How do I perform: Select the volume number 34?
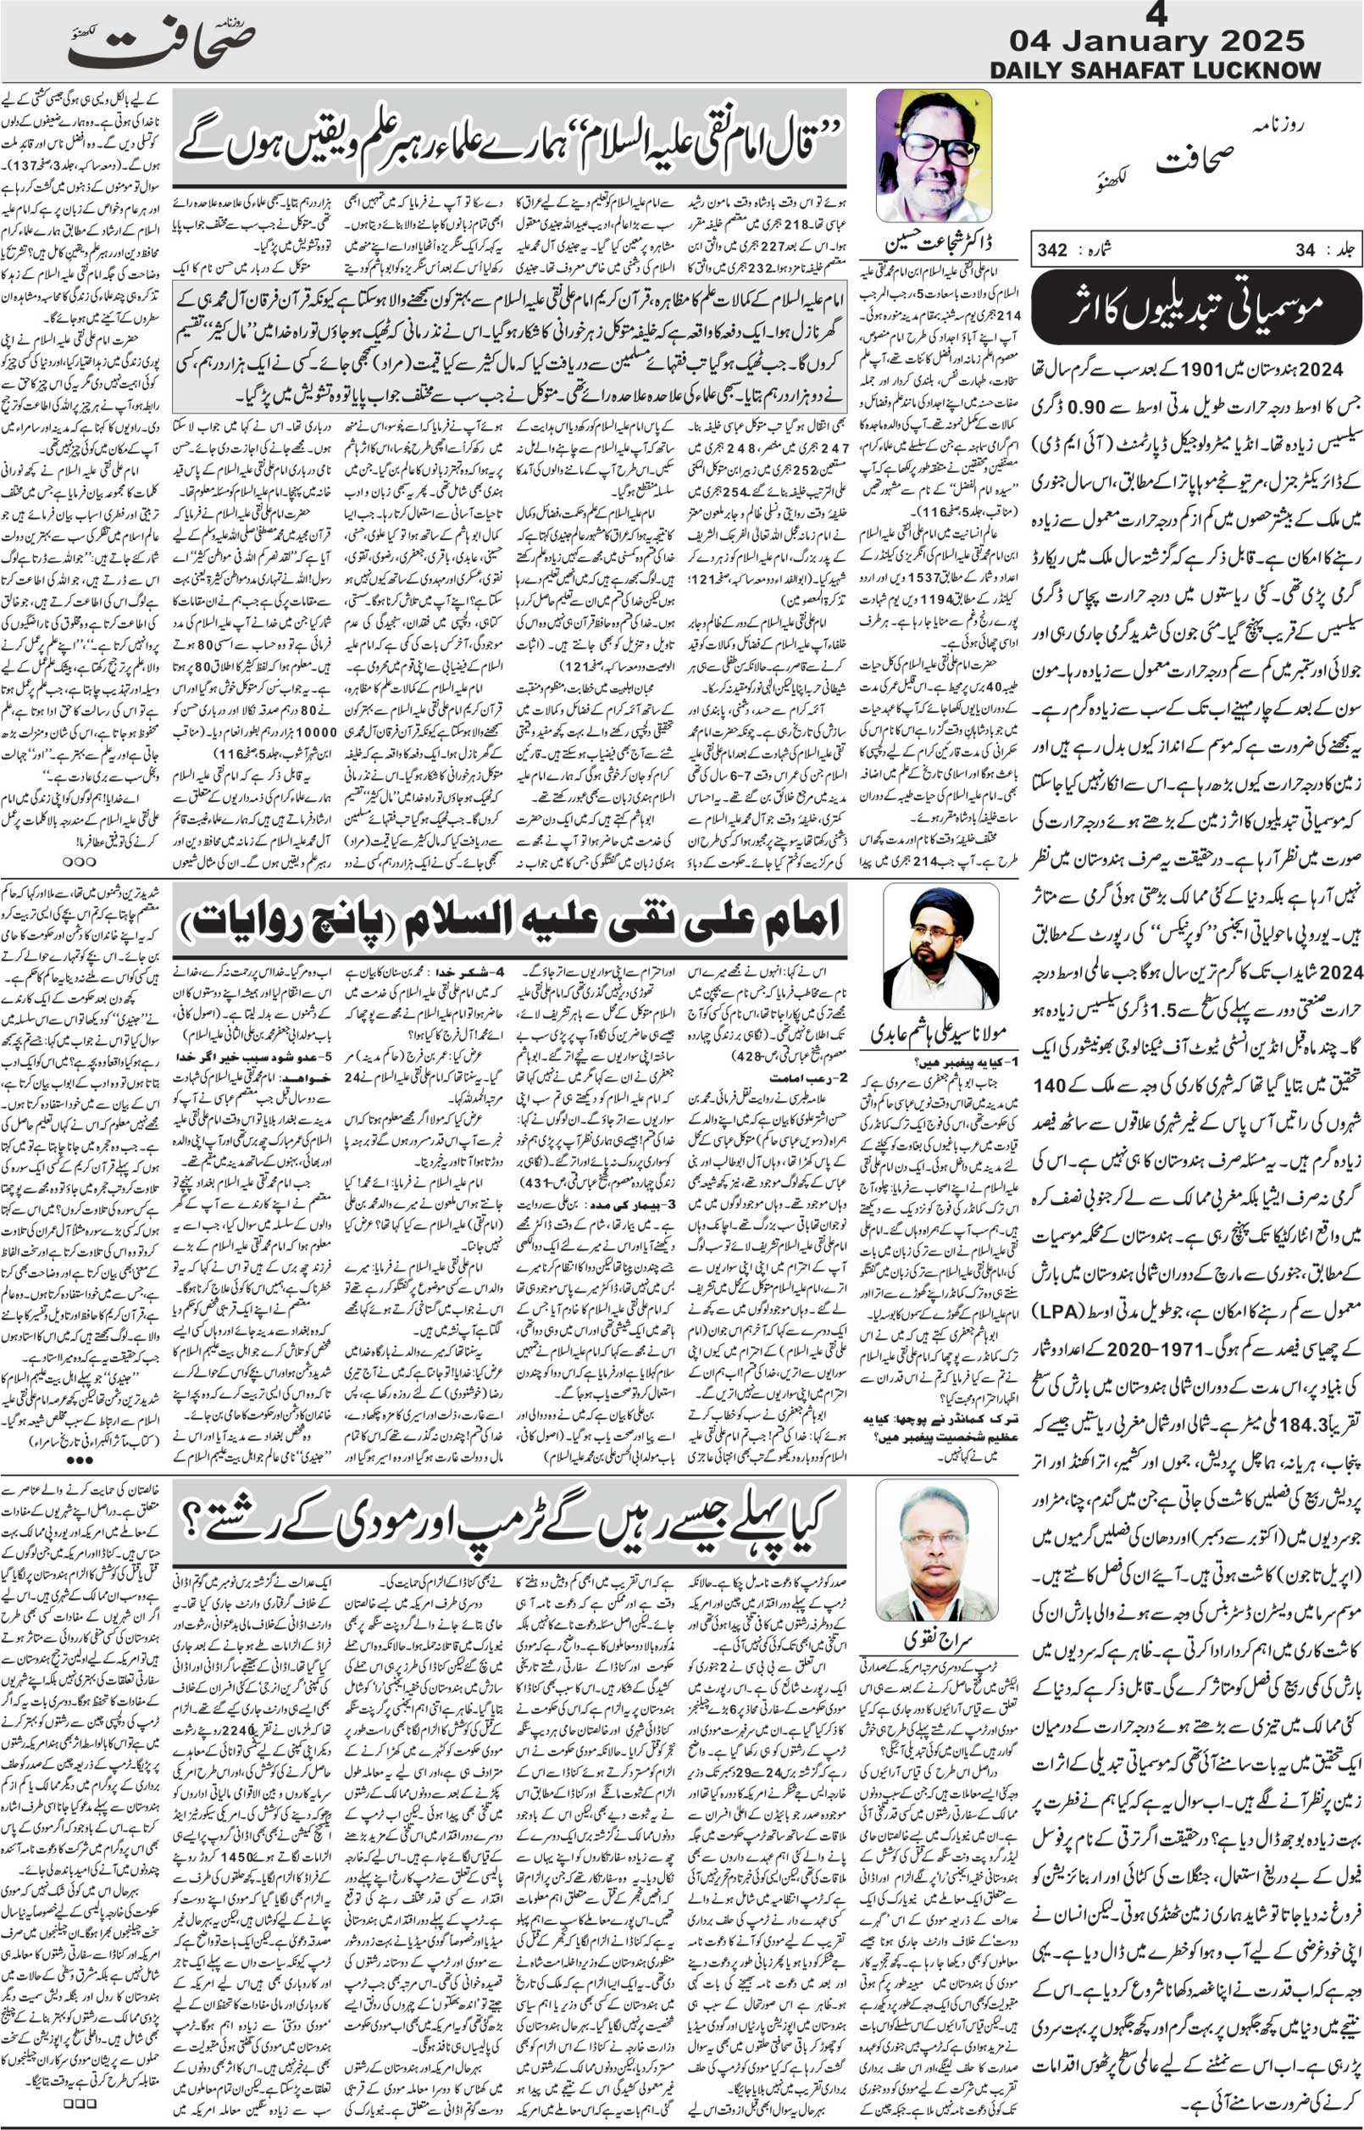(x=1305, y=251)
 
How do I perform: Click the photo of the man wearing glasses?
(x=934, y=156)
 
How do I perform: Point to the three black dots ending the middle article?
(x=80, y=1460)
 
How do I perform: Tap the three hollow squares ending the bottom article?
(x=79, y=2119)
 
